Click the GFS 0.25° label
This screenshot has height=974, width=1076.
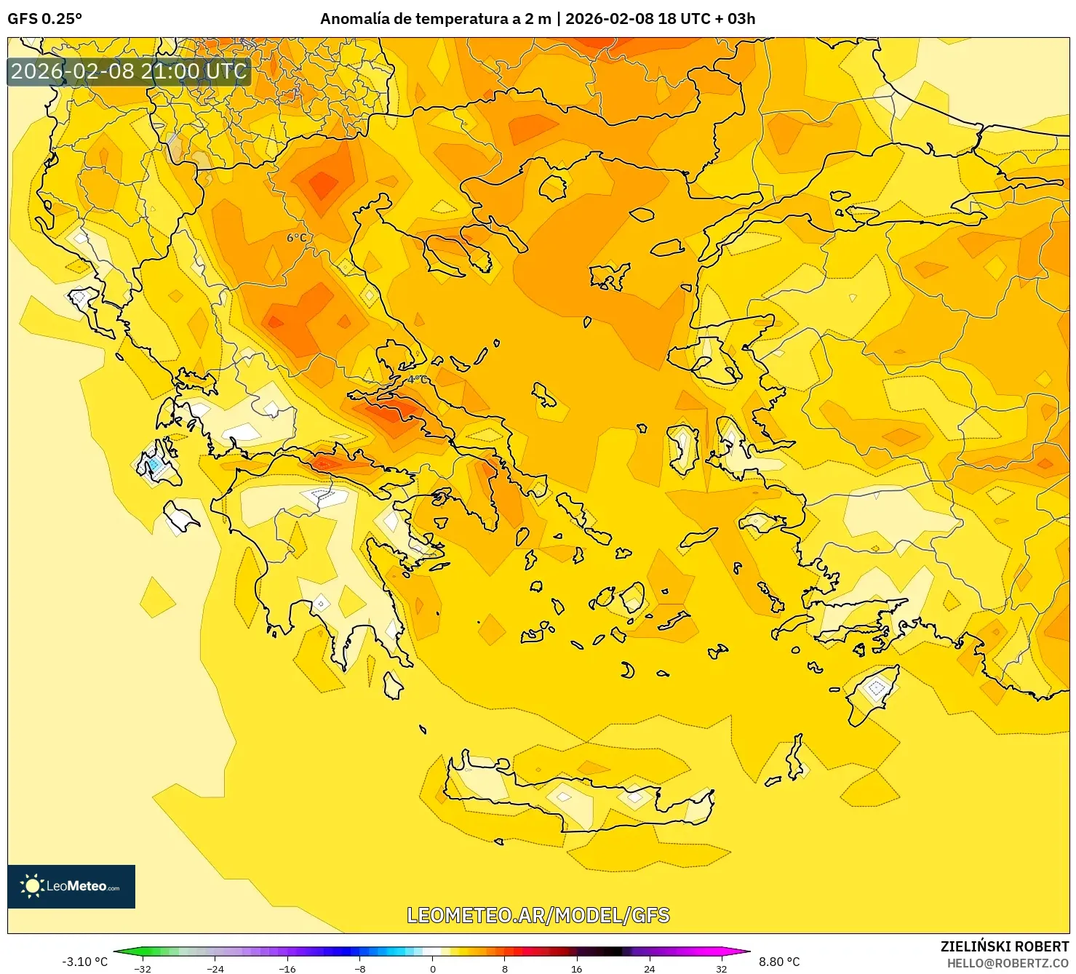coord(45,19)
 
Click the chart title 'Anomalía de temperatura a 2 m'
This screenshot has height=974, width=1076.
coord(435,19)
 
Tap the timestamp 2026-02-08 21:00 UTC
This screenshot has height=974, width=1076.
coord(129,71)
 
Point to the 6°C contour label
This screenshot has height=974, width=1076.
coord(297,238)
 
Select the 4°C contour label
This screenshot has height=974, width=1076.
coord(417,380)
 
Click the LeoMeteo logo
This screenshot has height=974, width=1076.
coord(71,886)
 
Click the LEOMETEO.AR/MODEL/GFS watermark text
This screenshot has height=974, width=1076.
coord(538,915)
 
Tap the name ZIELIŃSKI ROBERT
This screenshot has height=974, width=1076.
coord(1005,946)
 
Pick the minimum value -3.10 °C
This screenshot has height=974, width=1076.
coord(85,962)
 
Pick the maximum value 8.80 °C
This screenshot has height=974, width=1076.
coord(779,962)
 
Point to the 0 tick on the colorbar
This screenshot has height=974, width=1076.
coord(433,969)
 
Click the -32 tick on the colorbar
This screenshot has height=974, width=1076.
coord(143,969)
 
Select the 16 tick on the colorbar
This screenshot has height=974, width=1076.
coord(577,969)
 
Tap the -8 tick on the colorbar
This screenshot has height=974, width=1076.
coord(360,969)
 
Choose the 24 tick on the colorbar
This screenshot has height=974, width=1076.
coord(649,969)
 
